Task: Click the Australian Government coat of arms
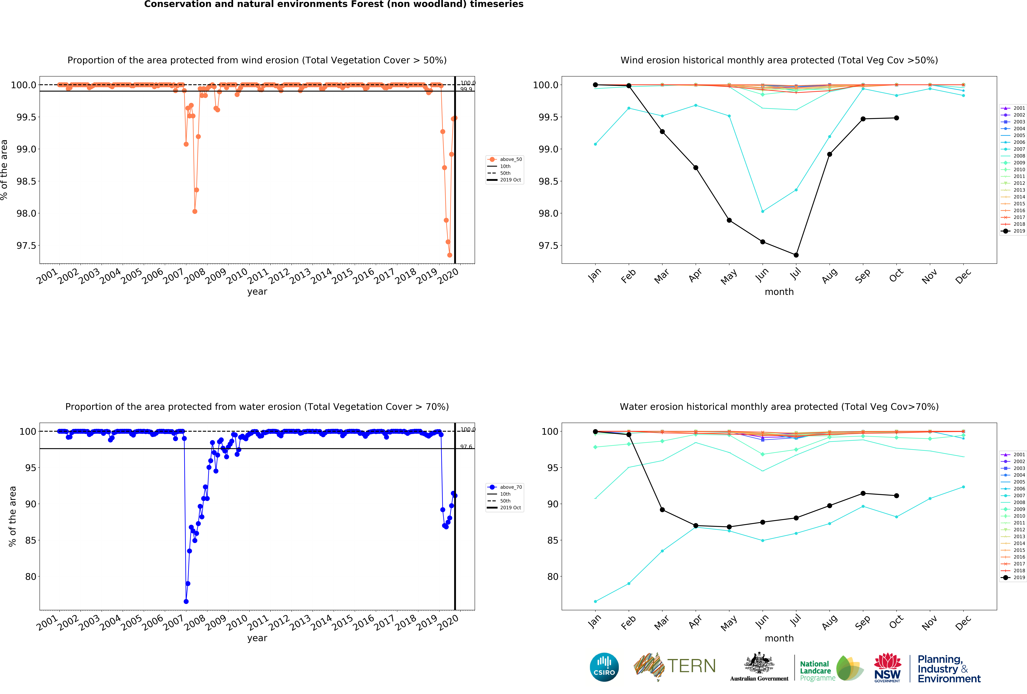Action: click(x=759, y=663)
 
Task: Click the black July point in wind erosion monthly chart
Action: click(x=796, y=255)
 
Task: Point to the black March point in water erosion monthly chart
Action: click(x=662, y=510)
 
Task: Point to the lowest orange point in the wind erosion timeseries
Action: click(x=449, y=255)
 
